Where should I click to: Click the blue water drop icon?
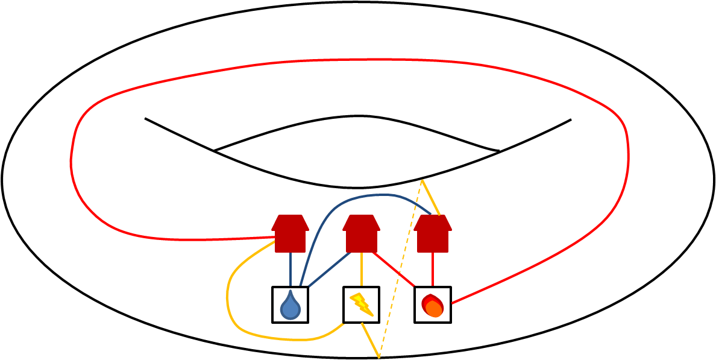290,306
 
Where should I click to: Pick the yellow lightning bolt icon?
362,305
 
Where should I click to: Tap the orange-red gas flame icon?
432,306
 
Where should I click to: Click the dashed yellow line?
400,268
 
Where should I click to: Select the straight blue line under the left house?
290,269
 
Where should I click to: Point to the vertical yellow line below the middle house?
361,269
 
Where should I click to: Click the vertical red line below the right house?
432,269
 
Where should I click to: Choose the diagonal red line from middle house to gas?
393,269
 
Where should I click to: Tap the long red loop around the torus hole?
350,60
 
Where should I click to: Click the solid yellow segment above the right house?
431,197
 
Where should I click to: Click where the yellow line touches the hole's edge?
422,180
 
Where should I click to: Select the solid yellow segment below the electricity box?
369,339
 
